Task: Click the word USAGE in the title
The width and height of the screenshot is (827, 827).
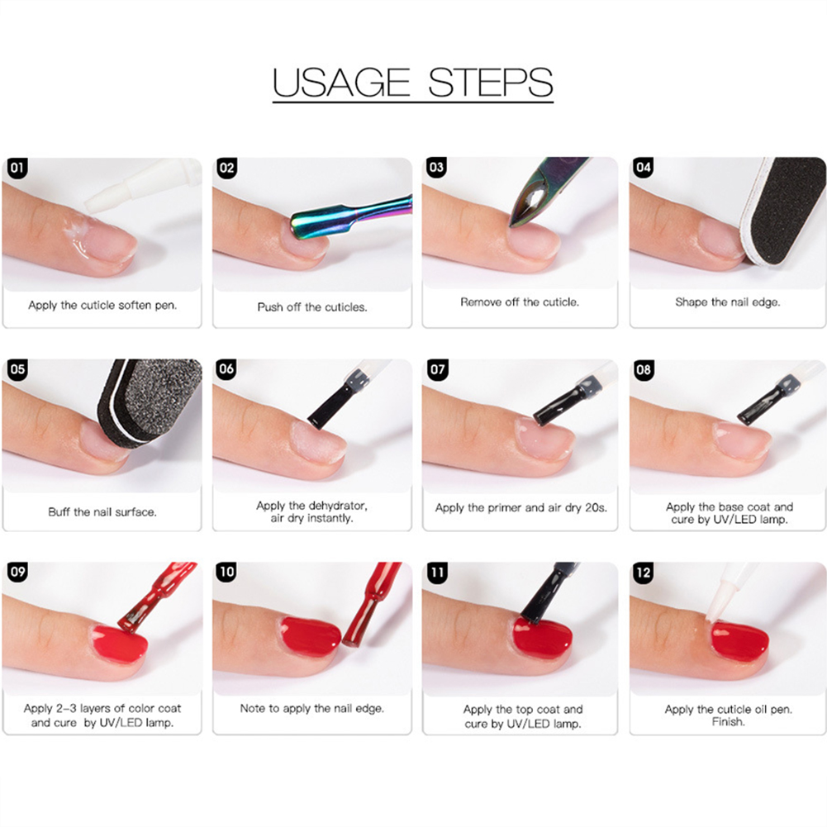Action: pos(340,83)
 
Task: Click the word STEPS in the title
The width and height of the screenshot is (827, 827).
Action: pos(490,83)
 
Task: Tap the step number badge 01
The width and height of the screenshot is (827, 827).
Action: pos(17,168)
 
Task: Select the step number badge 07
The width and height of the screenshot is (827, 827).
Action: pos(437,369)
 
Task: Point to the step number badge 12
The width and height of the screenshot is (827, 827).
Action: pos(644,573)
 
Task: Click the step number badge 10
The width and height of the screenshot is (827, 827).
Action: pos(227,572)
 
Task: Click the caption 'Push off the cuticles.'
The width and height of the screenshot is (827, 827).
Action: pos(312,307)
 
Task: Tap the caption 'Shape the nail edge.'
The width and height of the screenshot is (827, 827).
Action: pos(727,302)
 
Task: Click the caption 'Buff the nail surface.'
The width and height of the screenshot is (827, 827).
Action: pos(102,511)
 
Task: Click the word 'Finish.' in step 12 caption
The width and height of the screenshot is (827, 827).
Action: pos(729,721)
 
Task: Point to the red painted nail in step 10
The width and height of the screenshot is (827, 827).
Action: pos(311,637)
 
